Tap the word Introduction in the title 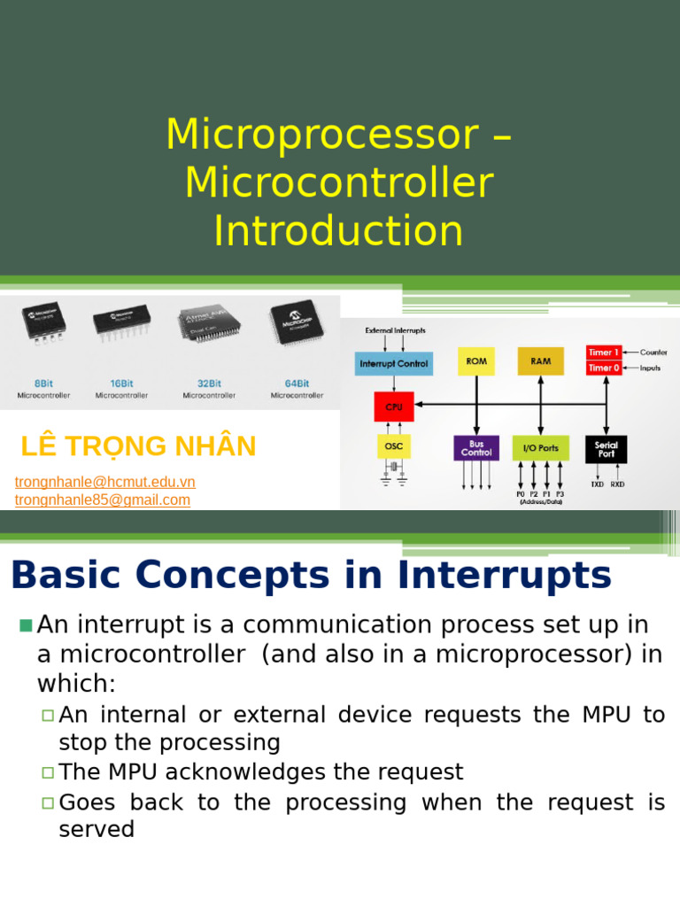338,230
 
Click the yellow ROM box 476,361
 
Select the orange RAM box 540,361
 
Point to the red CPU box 393,407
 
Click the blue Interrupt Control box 394,363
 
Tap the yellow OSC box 393,446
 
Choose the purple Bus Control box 475,448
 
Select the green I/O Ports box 540,448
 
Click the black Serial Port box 607,448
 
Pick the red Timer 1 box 603,353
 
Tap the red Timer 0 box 603,368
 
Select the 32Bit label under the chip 209,384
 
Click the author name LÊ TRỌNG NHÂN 138,446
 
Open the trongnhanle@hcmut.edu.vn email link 105,482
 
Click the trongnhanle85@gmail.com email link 103,500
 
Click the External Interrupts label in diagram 395,330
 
